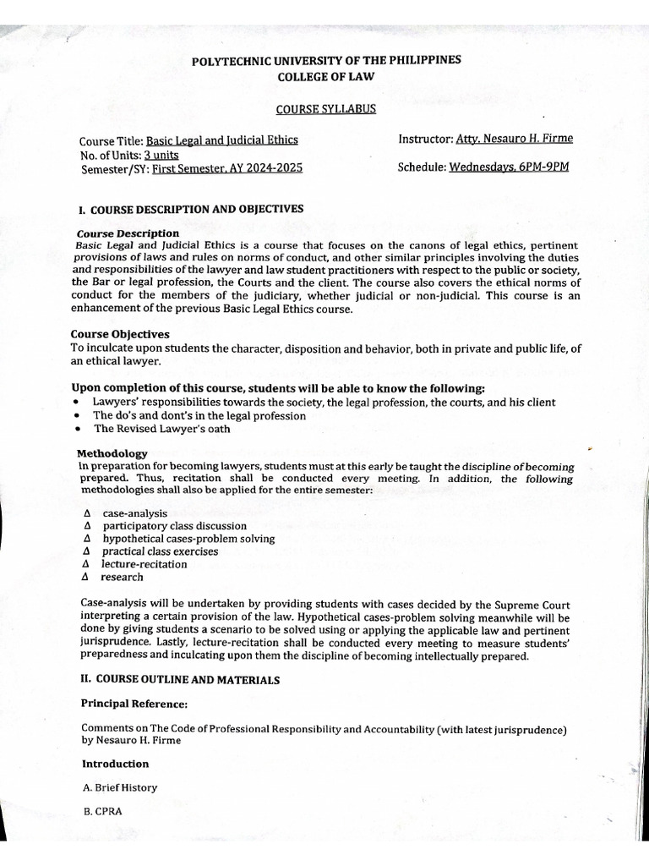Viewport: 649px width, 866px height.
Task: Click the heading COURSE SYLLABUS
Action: [x=325, y=109]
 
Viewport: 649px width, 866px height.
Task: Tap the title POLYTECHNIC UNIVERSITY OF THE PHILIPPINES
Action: [x=325, y=60]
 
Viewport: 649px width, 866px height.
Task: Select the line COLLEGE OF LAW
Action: [x=325, y=76]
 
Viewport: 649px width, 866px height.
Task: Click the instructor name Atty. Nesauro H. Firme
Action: [x=514, y=139]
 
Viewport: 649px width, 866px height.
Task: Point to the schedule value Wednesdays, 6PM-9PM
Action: [x=509, y=167]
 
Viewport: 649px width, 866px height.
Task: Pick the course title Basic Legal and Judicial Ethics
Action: [x=221, y=140]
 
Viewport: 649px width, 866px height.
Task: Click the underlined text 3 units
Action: [x=161, y=154]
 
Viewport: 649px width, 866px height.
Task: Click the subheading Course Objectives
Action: [x=119, y=334]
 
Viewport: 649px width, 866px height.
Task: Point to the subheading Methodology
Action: [x=112, y=453]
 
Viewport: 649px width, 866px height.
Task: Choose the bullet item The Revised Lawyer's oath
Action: [x=161, y=429]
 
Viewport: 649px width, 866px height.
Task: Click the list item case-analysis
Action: [x=135, y=513]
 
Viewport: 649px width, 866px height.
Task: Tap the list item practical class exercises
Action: [x=160, y=551]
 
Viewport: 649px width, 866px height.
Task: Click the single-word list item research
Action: [x=122, y=577]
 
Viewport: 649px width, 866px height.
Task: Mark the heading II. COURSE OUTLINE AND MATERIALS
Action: [x=179, y=679]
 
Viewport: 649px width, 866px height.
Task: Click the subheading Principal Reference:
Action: [x=134, y=703]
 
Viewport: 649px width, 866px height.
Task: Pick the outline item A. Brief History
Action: [x=119, y=787]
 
